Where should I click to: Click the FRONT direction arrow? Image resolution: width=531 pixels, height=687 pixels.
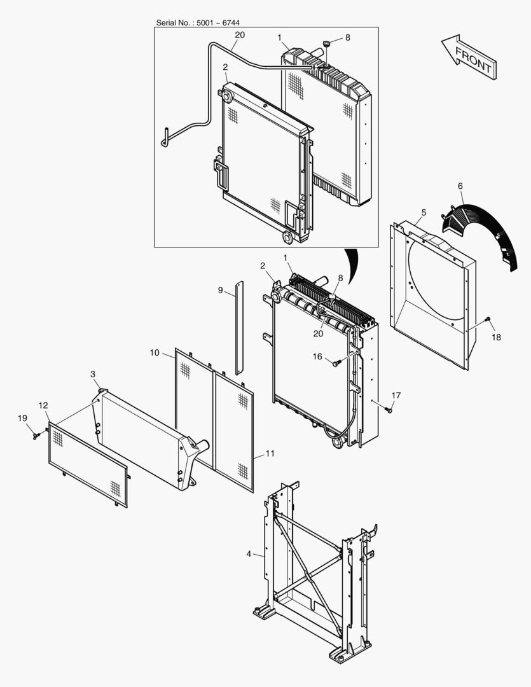pyautogui.click(x=469, y=57)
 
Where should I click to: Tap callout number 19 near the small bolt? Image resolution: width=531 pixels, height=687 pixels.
pyautogui.click(x=22, y=418)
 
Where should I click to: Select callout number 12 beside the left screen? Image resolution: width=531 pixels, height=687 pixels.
pyautogui.click(x=43, y=405)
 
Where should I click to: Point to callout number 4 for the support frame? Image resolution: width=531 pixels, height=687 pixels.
pyautogui.click(x=249, y=554)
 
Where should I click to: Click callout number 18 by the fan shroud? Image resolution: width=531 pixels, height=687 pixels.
pyautogui.click(x=496, y=337)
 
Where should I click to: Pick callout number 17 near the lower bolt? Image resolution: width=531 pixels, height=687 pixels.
pyautogui.click(x=396, y=396)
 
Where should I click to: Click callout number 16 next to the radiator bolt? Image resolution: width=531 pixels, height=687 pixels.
pyautogui.click(x=317, y=357)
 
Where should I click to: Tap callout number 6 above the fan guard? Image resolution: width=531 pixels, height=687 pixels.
pyautogui.click(x=461, y=186)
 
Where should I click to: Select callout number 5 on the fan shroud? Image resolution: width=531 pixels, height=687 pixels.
pyautogui.click(x=424, y=211)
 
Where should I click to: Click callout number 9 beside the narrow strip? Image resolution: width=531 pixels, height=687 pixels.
pyautogui.click(x=220, y=290)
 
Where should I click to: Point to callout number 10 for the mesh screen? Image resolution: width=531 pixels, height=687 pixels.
pyautogui.click(x=154, y=352)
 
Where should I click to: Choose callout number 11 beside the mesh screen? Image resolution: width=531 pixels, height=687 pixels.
pyautogui.click(x=270, y=454)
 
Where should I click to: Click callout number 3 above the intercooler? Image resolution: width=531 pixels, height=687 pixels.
pyautogui.click(x=93, y=374)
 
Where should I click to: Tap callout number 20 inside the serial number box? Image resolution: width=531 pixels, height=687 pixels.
pyautogui.click(x=239, y=36)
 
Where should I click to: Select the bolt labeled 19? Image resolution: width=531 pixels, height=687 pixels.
pyautogui.click(x=36, y=435)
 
